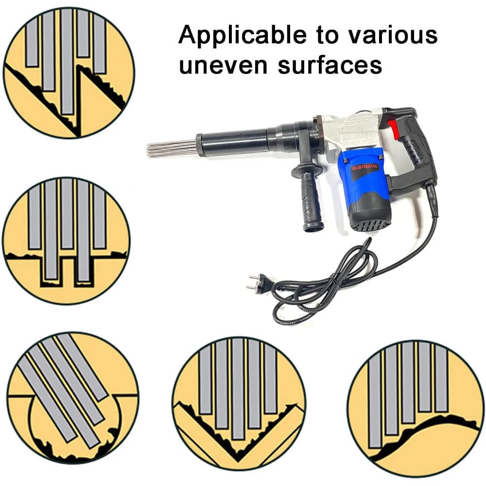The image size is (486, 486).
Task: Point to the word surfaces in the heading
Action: (330, 65)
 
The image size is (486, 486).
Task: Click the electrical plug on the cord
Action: (258, 283)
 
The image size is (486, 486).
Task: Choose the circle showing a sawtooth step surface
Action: (69, 72)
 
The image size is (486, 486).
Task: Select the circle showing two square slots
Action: (67, 240)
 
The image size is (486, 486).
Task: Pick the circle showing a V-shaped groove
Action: (238, 403)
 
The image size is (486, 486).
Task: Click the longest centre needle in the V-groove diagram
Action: (238, 389)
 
